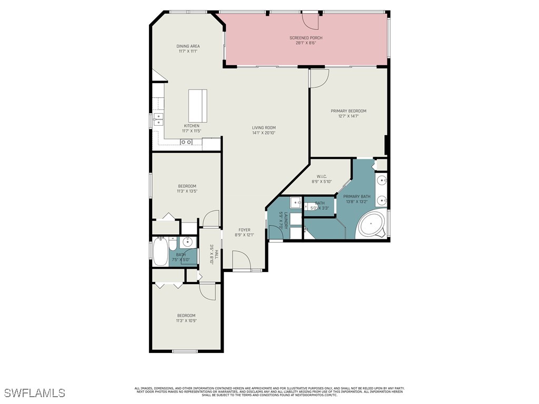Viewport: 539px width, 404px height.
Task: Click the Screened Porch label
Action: point(306,38)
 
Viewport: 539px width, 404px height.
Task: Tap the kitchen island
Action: point(198,105)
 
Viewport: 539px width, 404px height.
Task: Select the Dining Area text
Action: point(188,46)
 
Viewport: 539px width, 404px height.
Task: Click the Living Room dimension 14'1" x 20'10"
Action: point(264,133)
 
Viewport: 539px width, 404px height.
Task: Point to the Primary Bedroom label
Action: point(348,111)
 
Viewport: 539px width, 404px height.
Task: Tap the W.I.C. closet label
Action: point(323,176)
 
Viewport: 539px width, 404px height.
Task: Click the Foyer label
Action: point(244,230)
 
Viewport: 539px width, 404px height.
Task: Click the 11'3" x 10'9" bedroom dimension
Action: point(187,321)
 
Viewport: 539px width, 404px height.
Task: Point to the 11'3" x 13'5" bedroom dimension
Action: point(187,191)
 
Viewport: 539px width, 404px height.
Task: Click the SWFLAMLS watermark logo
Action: point(34,393)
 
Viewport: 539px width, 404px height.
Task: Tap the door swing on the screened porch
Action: point(311,20)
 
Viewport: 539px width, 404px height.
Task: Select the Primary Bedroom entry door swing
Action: point(319,78)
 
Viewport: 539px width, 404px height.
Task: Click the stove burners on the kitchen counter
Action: point(186,142)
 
